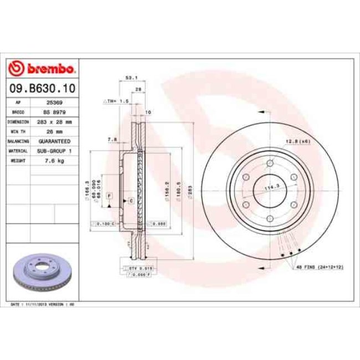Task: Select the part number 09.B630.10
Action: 42,88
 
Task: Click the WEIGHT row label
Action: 19,161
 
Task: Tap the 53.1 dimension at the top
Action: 132,78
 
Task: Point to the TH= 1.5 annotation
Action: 116,102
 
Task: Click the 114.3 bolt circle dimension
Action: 271,188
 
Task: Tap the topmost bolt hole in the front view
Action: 270,163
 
